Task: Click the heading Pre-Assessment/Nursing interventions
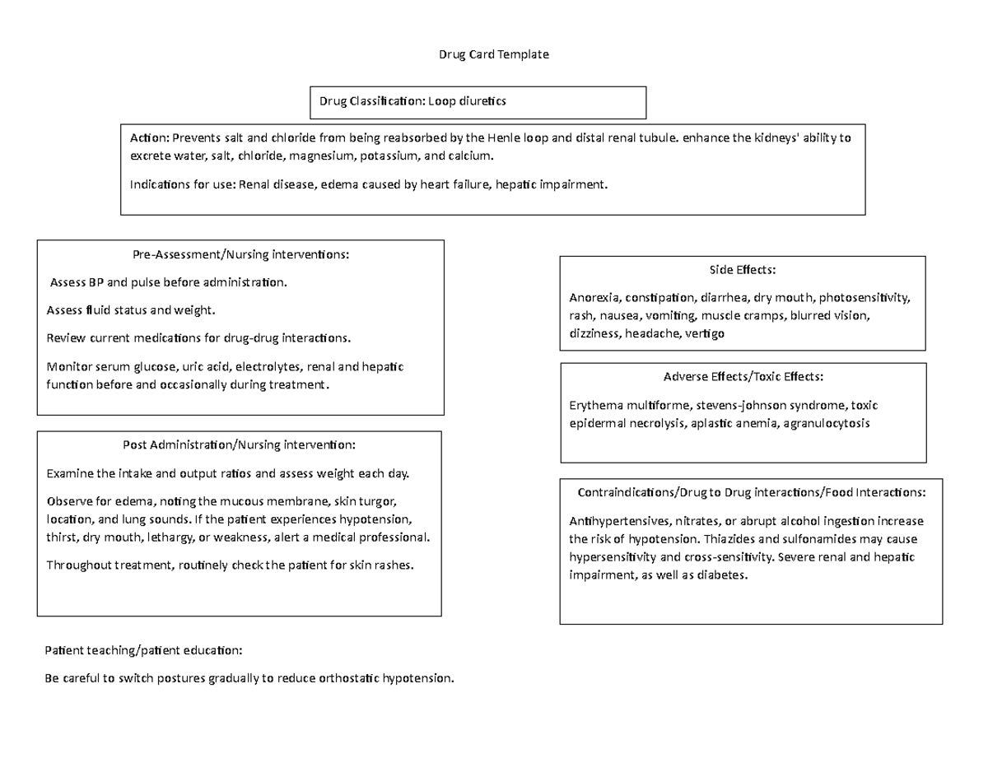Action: [x=240, y=254]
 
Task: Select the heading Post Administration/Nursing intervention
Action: [x=239, y=445]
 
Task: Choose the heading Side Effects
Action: [x=743, y=270]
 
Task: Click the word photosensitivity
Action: [x=864, y=297]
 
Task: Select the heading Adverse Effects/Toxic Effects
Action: [x=743, y=377]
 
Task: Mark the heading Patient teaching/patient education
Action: [x=144, y=651]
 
